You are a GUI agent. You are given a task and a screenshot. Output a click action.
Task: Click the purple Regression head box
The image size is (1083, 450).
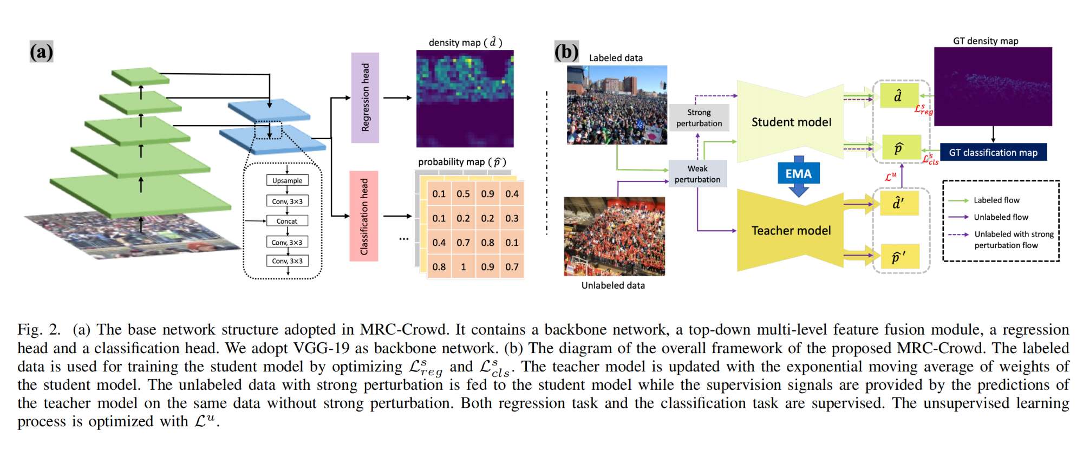click(365, 97)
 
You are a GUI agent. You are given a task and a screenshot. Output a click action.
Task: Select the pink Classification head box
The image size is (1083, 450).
click(364, 216)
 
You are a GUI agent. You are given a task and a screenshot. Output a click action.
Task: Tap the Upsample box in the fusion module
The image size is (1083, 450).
click(288, 180)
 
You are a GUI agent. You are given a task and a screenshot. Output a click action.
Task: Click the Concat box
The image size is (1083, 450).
click(287, 221)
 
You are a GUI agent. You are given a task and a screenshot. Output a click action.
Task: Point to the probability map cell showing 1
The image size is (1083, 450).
click(463, 267)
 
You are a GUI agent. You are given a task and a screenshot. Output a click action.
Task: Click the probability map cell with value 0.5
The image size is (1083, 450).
click(463, 194)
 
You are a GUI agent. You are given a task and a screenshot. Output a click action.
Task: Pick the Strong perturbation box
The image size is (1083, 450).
click(699, 118)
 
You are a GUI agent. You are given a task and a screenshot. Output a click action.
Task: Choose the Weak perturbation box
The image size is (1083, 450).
click(697, 174)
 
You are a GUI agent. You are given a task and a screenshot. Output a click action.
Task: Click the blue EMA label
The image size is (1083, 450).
click(799, 174)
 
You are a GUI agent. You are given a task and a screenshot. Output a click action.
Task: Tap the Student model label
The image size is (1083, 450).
click(791, 122)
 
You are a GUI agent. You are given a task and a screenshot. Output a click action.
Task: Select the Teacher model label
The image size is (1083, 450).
click(791, 231)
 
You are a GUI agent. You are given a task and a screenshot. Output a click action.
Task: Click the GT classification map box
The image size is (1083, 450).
click(993, 153)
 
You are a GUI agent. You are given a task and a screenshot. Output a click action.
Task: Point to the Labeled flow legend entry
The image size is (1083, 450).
click(996, 200)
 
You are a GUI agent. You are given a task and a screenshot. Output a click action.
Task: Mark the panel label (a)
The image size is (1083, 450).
click(41, 52)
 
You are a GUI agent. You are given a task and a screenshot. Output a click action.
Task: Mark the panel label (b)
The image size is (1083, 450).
click(566, 52)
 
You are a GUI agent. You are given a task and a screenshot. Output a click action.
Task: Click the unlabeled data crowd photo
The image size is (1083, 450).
click(615, 237)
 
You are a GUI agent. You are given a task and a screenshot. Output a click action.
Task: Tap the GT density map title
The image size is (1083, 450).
click(986, 41)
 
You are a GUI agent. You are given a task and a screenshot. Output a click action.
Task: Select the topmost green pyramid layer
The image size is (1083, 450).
click(140, 76)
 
